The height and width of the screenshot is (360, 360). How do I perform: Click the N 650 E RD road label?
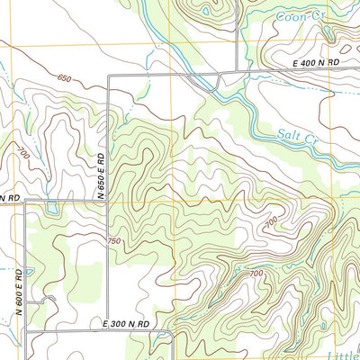(x=103, y=176)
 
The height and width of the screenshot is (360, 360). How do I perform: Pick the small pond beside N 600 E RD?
(x=30, y=271)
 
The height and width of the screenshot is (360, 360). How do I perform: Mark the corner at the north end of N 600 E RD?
(x=25, y=202)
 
